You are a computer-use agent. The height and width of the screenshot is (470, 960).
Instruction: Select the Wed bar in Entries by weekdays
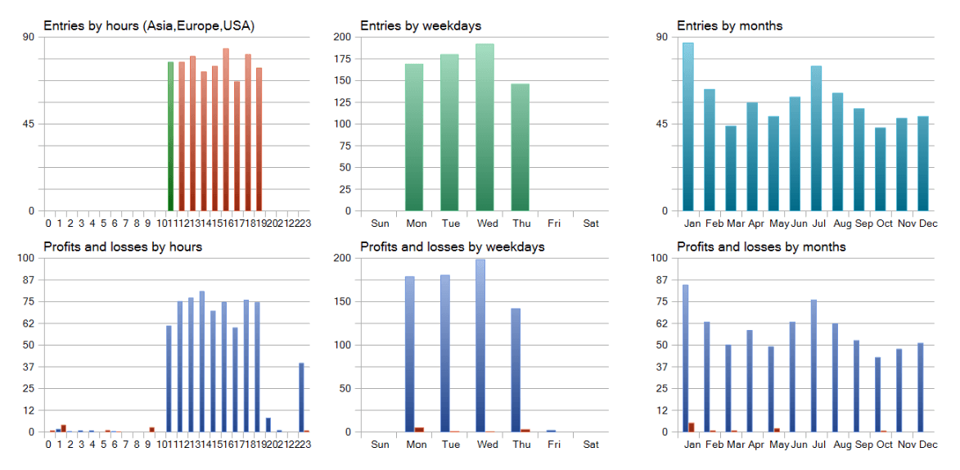click(485, 127)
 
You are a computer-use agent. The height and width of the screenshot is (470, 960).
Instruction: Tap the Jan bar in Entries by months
click(688, 127)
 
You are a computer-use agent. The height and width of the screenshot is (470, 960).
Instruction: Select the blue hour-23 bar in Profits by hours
click(301, 397)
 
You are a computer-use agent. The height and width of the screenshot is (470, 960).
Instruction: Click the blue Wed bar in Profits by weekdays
click(480, 346)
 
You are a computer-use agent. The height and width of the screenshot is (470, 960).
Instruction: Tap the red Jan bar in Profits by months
click(692, 427)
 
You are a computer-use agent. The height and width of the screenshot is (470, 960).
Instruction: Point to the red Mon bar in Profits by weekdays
click(419, 429)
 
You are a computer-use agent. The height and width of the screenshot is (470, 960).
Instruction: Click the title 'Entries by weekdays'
click(421, 25)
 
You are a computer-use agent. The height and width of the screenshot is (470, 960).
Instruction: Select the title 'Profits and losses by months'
click(761, 246)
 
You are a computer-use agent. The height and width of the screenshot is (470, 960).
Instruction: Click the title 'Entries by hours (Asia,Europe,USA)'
click(149, 25)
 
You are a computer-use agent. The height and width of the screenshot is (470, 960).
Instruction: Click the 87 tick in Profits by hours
click(28, 279)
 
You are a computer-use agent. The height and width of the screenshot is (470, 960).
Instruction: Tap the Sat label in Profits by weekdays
click(590, 445)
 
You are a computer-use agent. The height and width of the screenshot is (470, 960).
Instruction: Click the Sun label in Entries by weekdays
click(381, 224)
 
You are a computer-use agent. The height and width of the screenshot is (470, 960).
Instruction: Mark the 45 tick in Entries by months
click(661, 124)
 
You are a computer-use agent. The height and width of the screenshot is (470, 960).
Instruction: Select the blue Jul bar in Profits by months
click(814, 365)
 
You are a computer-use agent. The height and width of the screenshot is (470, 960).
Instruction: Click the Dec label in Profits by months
click(927, 445)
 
